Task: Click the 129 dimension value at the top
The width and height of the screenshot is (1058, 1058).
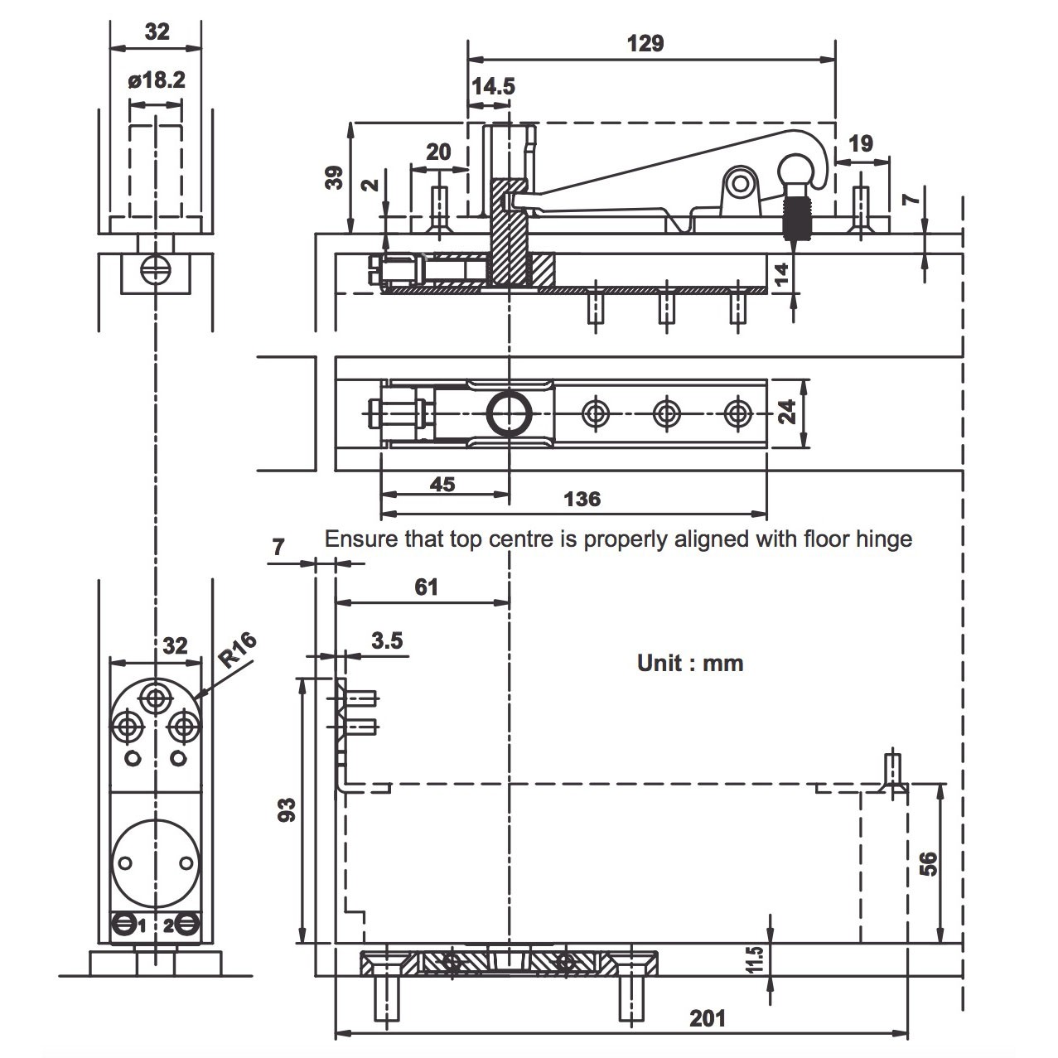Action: (645, 43)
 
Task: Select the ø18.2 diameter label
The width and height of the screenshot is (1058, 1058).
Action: (157, 80)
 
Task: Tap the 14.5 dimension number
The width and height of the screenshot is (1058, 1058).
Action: (493, 86)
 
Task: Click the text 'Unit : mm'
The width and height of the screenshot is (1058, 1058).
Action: (690, 664)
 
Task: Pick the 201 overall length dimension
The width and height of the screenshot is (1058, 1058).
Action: (708, 1018)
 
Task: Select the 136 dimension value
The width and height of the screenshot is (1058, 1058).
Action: (582, 499)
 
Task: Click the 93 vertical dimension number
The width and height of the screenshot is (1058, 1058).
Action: (287, 810)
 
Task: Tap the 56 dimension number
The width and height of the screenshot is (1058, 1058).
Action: (928, 863)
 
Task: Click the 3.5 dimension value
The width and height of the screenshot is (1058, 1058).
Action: (387, 640)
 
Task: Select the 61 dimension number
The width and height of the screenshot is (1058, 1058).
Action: (426, 587)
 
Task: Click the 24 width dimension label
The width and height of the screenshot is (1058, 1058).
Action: (787, 412)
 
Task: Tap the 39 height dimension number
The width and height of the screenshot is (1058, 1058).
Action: (334, 178)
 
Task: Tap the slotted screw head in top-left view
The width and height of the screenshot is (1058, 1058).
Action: (156, 269)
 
